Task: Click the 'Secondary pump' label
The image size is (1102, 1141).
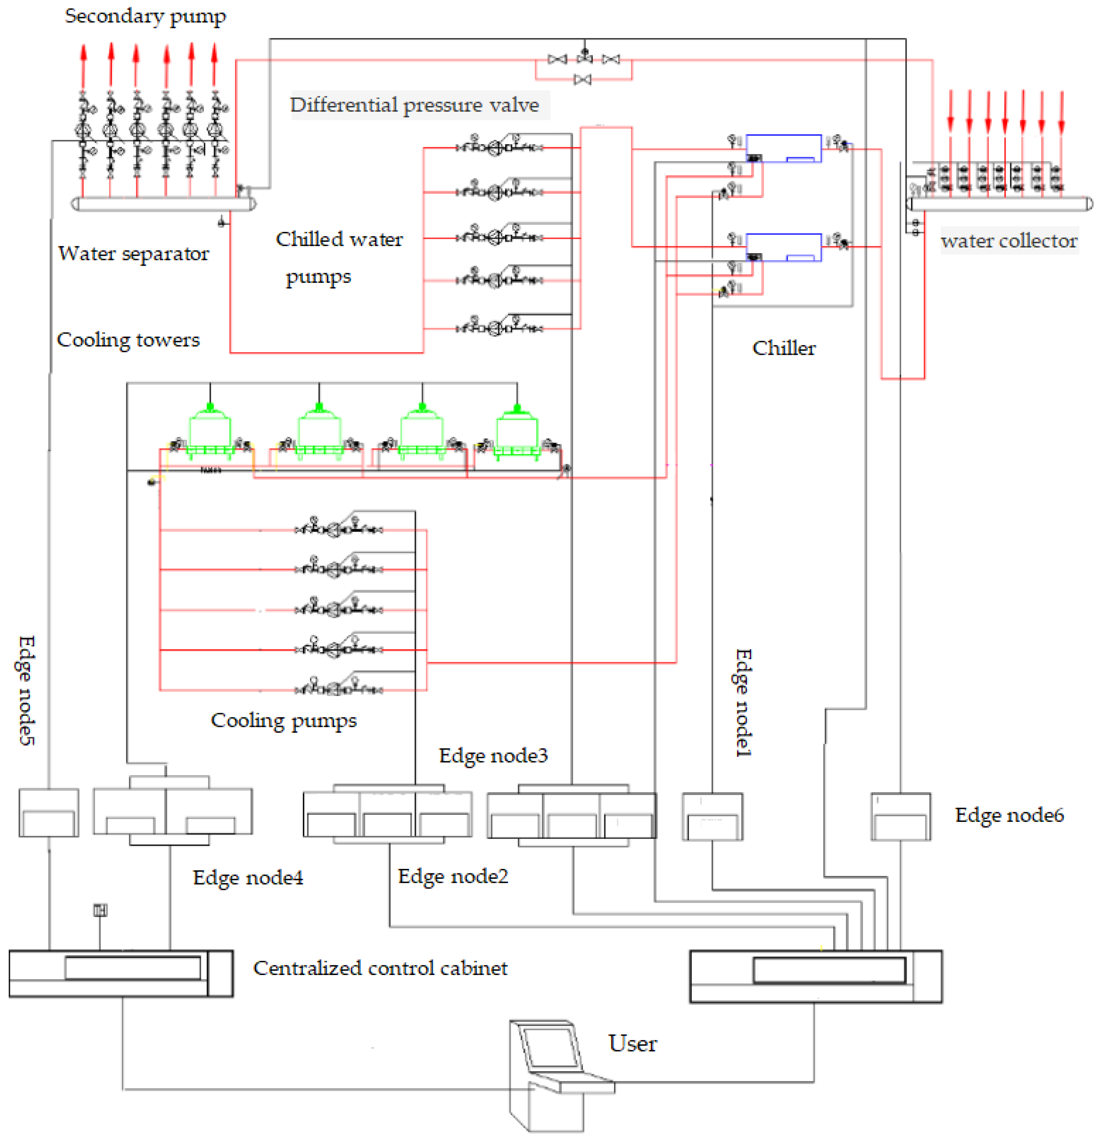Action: click(145, 16)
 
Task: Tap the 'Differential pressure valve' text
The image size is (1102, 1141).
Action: click(414, 105)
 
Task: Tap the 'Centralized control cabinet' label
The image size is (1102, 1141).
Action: click(380, 968)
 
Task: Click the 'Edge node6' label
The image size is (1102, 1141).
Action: click(1009, 815)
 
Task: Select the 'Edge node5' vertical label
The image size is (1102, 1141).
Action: click(26, 691)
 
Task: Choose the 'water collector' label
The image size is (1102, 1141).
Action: click(1008, 240)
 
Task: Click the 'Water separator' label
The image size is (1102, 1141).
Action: click(133, 253)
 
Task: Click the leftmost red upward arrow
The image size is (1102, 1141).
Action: click(83, 64)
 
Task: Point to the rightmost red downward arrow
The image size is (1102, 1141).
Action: click(1061, 111)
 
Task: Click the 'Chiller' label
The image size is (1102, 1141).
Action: click(784, 348)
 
